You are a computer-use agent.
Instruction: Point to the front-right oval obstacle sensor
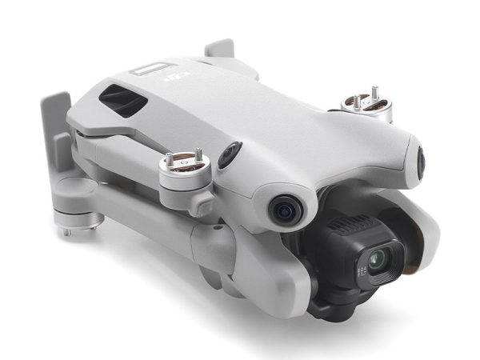tap(421, 160)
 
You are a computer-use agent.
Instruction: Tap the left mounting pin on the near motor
tap(170, 158)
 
